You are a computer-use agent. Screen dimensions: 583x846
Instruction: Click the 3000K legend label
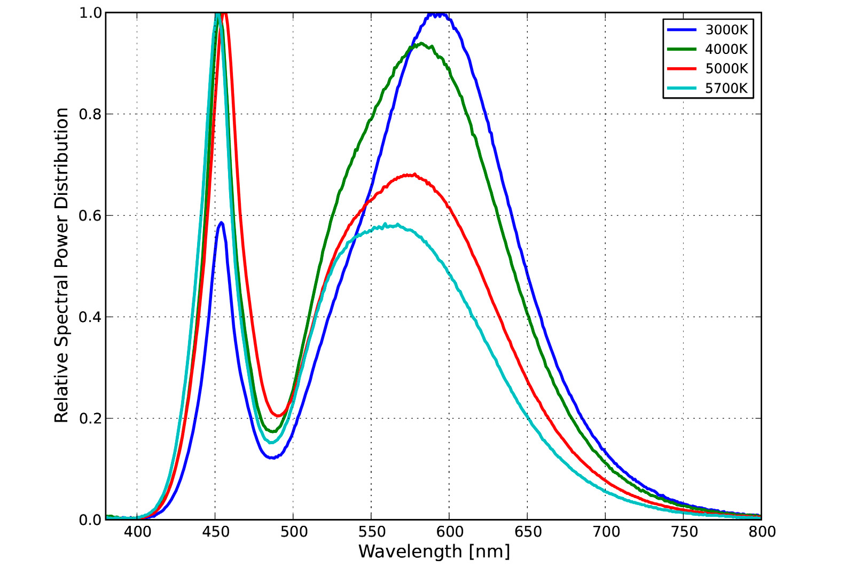(x=726, y=30)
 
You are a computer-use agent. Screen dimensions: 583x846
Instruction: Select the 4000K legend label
(x=726, y=49)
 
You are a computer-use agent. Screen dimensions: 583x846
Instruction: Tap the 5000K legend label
(x=726, y=68)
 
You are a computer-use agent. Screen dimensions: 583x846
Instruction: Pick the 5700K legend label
(x=726, y=88)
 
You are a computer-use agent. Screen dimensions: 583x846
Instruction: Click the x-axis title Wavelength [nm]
(x=434, y=552)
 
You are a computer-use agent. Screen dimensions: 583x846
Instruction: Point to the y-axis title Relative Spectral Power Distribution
(x=62, y=265)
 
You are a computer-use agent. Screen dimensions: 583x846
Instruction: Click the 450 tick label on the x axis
(x=215, y=532)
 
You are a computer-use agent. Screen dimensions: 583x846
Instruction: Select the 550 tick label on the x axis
(x=371, y=532)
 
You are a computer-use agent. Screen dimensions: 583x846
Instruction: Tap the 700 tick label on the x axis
(x=606, y=532)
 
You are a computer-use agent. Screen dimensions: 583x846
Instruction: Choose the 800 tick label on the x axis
(x=762, y=532)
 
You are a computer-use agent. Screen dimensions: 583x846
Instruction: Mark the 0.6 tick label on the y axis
(x=90, y=216)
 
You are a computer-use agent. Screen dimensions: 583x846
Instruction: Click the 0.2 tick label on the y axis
(x=90, y=419)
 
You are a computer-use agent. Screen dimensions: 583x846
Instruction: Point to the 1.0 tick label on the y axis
(x=90, y=13)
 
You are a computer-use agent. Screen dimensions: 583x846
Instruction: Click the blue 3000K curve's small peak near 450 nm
(x=221, y=223)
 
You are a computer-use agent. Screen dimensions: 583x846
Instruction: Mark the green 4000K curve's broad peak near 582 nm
(x=421, y=44)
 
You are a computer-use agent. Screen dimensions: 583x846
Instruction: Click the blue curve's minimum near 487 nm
(x=272, y=458)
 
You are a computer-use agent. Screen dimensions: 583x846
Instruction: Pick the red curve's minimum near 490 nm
(x=278, y=415)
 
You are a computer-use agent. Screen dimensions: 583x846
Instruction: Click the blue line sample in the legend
(x=682, y=30)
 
